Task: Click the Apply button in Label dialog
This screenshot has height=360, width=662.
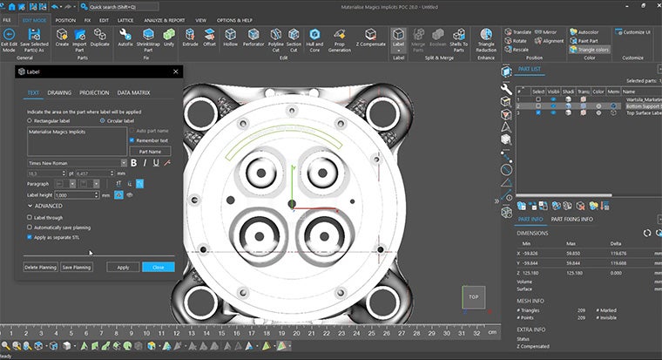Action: (123, 268)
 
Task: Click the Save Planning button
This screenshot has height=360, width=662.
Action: (77, 268)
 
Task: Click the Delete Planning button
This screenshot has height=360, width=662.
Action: (40, 268)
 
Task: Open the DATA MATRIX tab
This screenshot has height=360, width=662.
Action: (135, 92)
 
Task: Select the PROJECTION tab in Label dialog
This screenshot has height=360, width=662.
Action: (94, 92)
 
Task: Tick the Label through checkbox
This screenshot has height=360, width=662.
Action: (30, 217)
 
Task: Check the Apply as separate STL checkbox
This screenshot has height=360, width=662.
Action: (30, 236)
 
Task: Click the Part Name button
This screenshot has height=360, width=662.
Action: (150, 151)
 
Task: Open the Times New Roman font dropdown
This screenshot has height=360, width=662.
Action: (76, 162)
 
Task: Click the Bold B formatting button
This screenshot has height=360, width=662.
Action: (133, 162)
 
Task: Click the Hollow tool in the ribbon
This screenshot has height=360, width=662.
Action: (231, 40)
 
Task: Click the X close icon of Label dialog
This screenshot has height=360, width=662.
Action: (176, 72)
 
